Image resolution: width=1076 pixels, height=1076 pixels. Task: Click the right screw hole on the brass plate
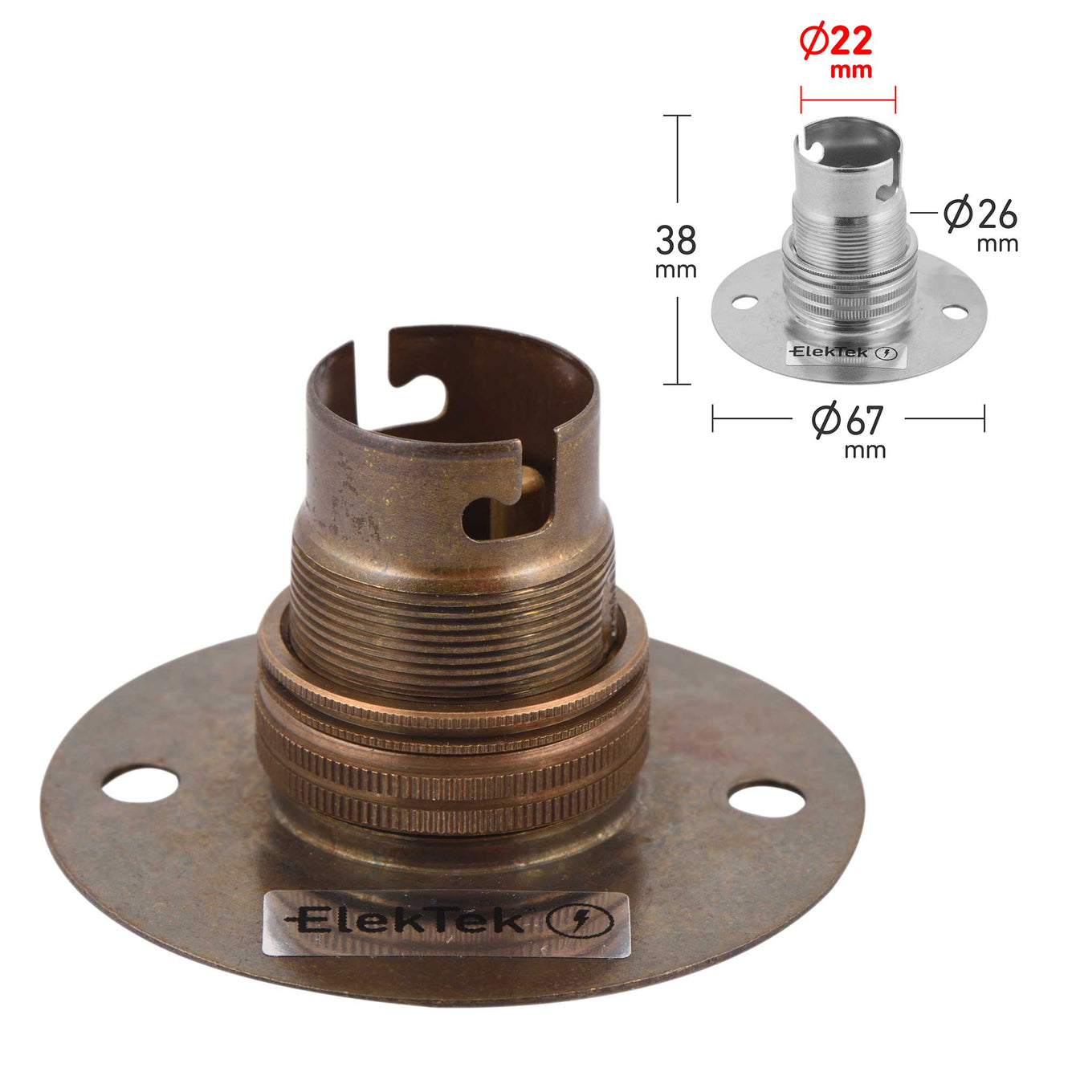coord(767,800)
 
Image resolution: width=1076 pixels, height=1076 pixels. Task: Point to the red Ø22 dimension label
coord(835,51)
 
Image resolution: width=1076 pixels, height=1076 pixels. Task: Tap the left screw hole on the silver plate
coord(745,303)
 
